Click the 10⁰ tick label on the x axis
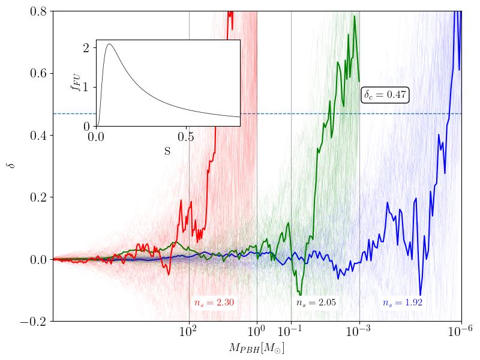pos(257,332)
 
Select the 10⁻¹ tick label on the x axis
pos(290,332)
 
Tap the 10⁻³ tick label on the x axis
pos(359,332)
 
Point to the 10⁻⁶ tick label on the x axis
pos(461,332)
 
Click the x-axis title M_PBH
pos(257,348)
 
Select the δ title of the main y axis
pos(10,166)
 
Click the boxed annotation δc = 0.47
pos(386,95)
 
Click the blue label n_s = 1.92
pos(403,302)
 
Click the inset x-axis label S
pos(167,152)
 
